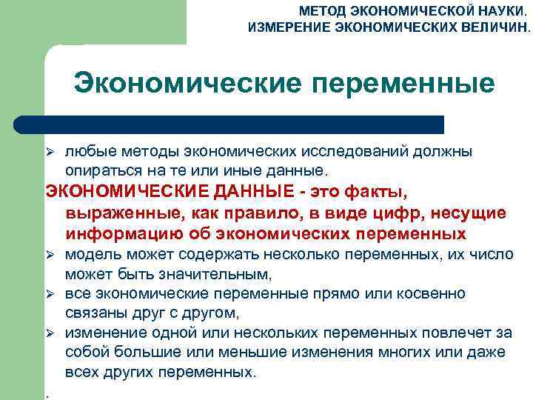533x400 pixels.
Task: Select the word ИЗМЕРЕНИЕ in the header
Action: coord(285,28)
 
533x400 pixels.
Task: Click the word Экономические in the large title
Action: coord(188,83)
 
